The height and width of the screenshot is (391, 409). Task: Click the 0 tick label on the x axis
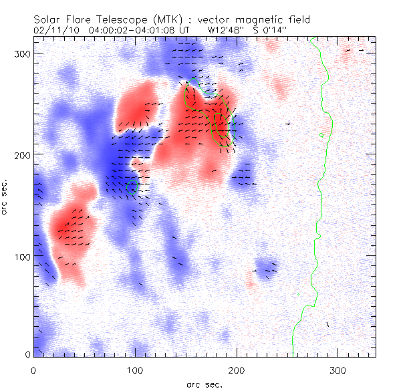point(33,369)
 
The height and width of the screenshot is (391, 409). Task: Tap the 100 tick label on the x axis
point(135,369)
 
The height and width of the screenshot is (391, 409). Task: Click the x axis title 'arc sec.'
point(204,384)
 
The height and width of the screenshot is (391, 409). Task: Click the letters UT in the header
point(185,30)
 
